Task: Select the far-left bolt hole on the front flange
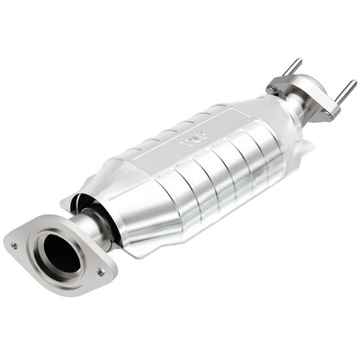point(14,245)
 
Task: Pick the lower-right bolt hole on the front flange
point(101,273)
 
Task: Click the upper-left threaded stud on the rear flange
point(294,66)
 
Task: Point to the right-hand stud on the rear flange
point(345,90)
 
